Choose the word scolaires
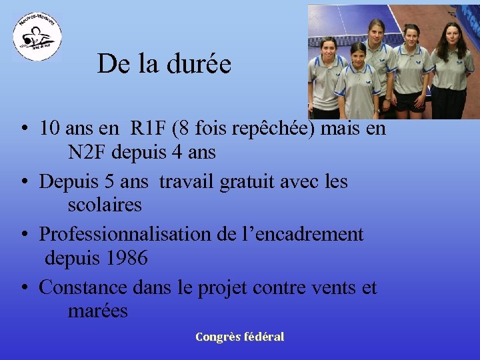pyautogui.click(x=105, y=205)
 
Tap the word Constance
pyautogui.click(x=83, y=287)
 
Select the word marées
pyautogui.click(x=97, y=311)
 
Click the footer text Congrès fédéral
pyautogui.click(x=239, y=337)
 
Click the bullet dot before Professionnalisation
pyautogui.click(x=23, y=235)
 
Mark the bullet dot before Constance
pyautogui.click(x=23, y=288)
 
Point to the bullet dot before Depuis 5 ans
pyautogui.click(x=23, y=181)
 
